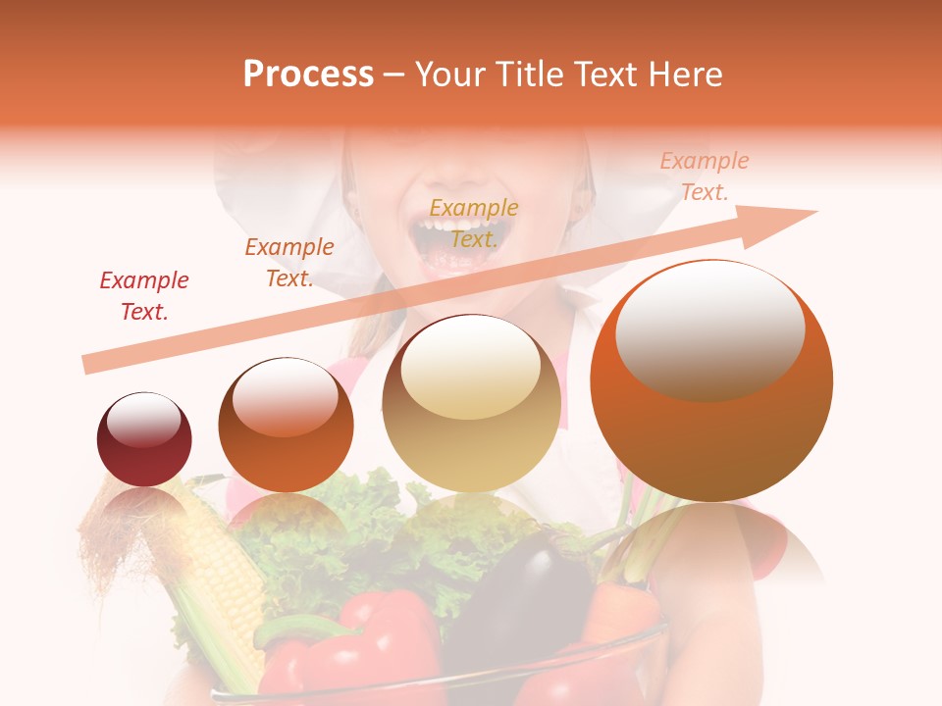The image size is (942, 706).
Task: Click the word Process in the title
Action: coord(308,75)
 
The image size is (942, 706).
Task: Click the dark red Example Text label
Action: coord(144,296)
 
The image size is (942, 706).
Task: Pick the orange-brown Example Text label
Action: coord(289,263)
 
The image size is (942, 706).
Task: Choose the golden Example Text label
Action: coord(474,224)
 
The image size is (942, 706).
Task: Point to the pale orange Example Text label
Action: coord(705,176)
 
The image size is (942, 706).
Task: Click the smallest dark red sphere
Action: coord(144,440)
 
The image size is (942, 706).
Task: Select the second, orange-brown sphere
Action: coord(286,425)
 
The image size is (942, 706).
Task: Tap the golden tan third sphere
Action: coord(472,403)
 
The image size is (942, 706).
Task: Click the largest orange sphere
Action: coord(711,380)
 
